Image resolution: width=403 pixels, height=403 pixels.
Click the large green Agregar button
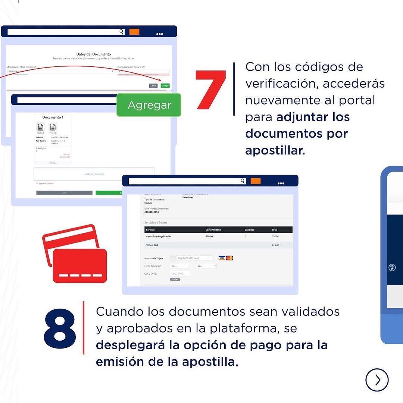coord(149,105)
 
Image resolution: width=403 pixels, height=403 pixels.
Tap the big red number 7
coord(211,90)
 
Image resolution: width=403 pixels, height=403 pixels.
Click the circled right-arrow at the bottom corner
coord(377,380)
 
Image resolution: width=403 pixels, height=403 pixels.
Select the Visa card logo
coord(222,258)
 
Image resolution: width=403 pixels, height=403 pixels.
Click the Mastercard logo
coord(229,258)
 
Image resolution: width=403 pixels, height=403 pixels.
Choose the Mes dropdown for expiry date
coord(180,266)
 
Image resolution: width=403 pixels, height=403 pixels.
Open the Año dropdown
coord(206,266)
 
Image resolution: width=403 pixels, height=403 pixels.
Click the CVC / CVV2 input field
coord(180,274)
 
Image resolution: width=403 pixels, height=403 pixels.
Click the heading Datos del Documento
coord(93,54)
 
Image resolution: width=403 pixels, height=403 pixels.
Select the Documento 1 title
coord(53,117)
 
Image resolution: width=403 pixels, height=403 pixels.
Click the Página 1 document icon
coord(41,127)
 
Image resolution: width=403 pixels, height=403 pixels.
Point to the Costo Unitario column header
coord(213,230)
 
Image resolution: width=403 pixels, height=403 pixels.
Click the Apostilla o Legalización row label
coord(159,237)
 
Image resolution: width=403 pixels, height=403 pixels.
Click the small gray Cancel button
coord(153,85)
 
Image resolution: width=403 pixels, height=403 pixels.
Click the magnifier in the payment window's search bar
coord(243,181)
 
